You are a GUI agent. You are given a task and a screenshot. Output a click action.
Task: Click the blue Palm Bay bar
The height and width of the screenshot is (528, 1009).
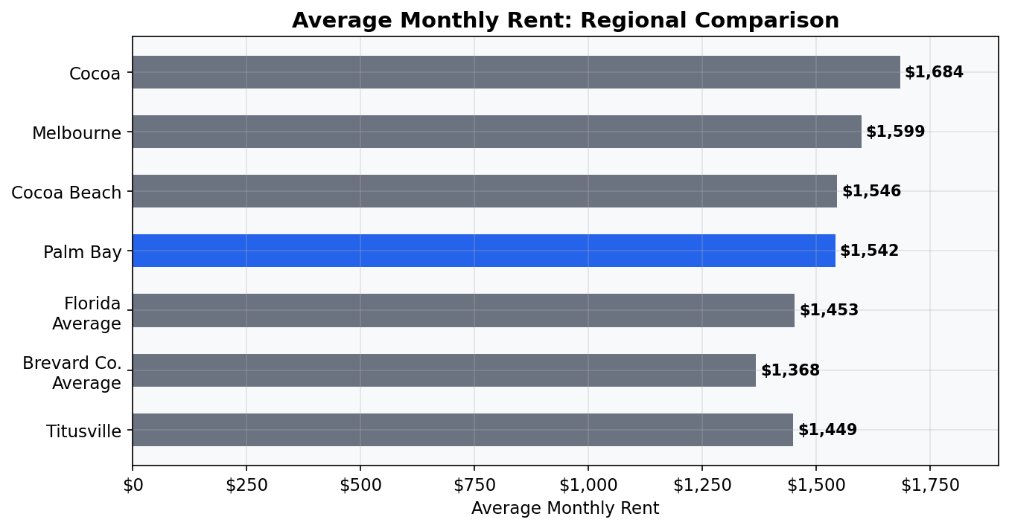click(484, 251)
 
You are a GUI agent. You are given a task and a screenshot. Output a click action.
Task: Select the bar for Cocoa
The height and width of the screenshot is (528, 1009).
click(516, 72)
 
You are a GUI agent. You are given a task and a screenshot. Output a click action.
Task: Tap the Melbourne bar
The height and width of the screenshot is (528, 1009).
click(497, 132)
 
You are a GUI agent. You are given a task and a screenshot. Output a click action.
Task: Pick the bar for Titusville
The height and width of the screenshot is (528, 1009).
click(462, 430)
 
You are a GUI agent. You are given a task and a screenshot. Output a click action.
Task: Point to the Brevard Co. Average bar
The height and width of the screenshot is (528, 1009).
click(444, 370)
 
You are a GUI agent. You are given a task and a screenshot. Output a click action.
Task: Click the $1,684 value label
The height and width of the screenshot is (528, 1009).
click(934, 72)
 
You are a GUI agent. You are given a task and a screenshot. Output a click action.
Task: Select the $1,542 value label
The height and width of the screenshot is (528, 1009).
click(869, 251)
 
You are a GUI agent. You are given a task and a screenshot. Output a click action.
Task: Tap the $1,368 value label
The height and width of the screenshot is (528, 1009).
click(790, 370)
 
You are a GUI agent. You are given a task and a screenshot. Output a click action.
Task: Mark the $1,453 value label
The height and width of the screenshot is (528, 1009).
click(829, 310)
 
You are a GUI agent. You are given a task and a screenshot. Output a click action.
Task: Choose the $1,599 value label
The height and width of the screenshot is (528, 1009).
click(895, 132)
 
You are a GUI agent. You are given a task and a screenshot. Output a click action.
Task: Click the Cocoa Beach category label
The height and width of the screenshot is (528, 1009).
click(66, 193)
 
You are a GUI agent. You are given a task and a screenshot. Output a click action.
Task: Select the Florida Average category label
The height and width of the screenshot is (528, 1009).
click(86, 313)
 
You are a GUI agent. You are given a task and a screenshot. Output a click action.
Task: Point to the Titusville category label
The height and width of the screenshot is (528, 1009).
click(83, 431)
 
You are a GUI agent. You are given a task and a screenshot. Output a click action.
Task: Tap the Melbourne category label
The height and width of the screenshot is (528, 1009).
click(76, 133)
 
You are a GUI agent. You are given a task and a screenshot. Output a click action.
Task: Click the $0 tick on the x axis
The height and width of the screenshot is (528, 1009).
click(133, 486)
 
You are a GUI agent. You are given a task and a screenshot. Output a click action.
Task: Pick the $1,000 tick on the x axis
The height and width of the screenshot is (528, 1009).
click(588, 486)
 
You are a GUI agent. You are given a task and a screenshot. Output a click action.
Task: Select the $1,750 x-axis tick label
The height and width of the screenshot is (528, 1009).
click(930, 486)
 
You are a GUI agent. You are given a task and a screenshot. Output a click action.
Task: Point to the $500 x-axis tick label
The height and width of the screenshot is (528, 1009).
click(360, 486)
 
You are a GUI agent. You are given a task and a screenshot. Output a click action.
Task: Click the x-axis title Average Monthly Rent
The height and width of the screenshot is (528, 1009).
click(565, 509)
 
